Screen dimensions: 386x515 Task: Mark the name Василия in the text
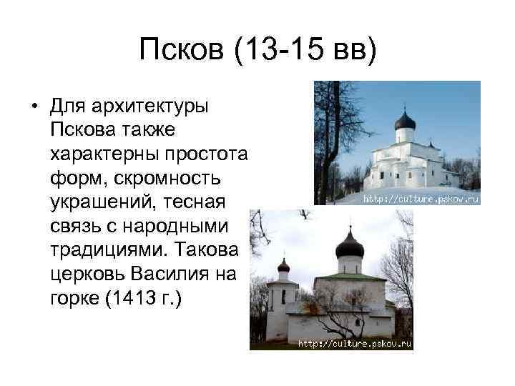[175, 272]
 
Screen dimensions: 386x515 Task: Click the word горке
[75, 294]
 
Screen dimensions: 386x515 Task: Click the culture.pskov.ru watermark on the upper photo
[421, 199]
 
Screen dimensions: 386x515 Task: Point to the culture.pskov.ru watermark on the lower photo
[355, 344]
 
